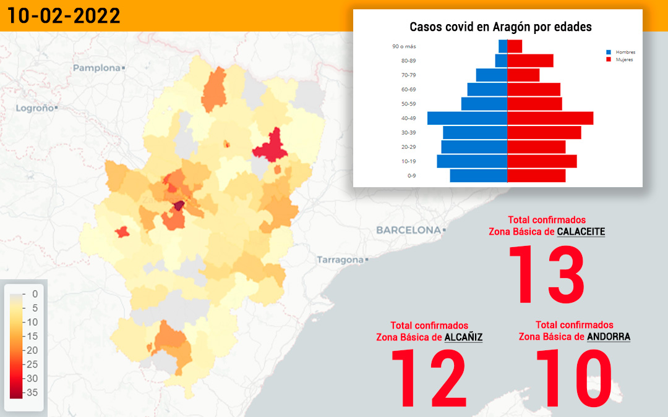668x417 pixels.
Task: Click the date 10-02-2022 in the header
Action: pyautogui.click(x=64, y=16)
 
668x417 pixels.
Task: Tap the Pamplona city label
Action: pyautogui.click(x=96, y=68)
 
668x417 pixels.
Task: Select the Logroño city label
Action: pyautogui.click(x=35, y=108)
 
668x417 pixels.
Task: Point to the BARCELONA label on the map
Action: pyautogui.click(x=409, y=230)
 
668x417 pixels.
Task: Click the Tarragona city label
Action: pyautogui.click(x=340, y=259)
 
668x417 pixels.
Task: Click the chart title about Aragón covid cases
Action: pyautogui.click(x=500, y=27)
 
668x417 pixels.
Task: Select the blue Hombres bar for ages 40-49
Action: pyautogui.click(x=468, y=118)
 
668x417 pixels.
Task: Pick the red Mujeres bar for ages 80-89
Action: pyautogui.click(x=531, y=61)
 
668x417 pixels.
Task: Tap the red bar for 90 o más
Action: pyautogui.click(x=515, y=46)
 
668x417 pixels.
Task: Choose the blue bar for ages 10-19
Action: pyautogui.click(x=472, y=161)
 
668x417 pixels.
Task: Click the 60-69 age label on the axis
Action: pyautogui.click(x=408, y=90)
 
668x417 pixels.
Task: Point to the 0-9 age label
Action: pyautogui.click(x=411, y=175)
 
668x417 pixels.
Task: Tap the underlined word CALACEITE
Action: pyautogui.click(x=581, y=232)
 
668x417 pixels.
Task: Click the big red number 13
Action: pyautogui.click(x=547, y=274)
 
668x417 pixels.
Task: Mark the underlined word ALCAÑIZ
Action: pyautogui.click(x=463, y=337)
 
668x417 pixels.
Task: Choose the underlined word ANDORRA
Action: pyautogui.click(x=609, y=337)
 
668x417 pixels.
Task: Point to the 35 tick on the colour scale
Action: pyautogui.click(x=32, y=392)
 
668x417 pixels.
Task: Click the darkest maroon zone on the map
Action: pyautogui.click(x=179, y=206)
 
